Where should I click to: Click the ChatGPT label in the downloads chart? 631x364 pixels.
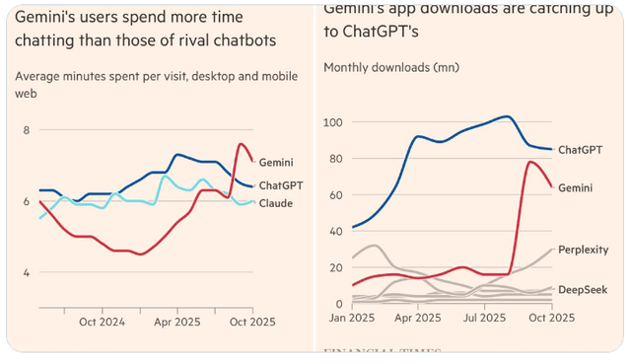582,151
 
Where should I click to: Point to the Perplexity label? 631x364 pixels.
583,251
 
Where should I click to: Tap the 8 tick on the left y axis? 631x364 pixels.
27,130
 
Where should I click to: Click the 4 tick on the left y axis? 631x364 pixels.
27,272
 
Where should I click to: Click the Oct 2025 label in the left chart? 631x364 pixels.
253,321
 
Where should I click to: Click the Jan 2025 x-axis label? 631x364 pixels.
350,319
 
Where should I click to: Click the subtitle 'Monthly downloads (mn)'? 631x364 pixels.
387,68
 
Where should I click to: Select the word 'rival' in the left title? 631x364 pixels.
209,39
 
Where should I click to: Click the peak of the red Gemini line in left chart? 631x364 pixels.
241,144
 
